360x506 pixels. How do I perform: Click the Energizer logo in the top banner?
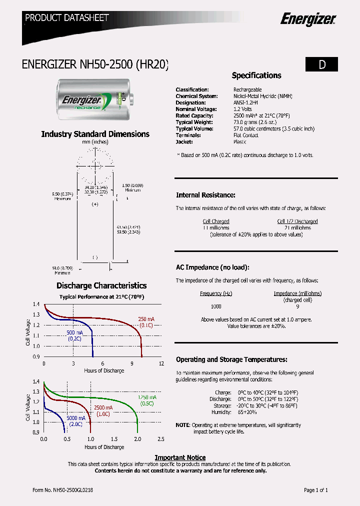tap(307, 19)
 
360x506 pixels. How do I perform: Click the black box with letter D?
tap(321, 64)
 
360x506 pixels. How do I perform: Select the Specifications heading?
tap(256, 75)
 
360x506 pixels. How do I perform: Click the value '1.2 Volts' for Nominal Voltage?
tap(242, 109)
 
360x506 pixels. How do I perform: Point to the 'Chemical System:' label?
tap(196, 96)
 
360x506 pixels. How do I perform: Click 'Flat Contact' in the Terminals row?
tap(246, 135)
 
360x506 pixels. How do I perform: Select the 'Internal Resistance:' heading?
tap(205, 195)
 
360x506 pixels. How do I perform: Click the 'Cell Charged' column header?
tap(216, 221)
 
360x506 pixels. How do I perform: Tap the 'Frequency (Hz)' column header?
tap(216, 293)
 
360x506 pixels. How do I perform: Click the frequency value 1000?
tap(216, 306)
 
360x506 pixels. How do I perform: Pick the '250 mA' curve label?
tap(146, 319)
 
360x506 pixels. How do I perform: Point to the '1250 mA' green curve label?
tap(146, 397)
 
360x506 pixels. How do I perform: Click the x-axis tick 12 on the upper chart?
tap(161, 363)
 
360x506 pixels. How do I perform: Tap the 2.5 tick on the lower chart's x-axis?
tap(161, 438)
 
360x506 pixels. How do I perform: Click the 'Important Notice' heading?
tap(180, 457)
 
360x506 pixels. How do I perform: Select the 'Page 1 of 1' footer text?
tap(316, 490)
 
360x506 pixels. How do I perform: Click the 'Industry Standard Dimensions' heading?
tap(95, 134)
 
